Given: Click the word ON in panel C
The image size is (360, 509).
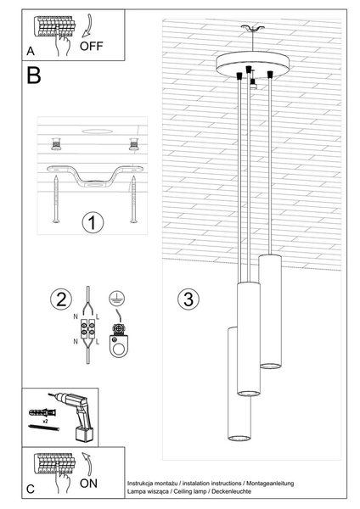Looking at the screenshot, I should (89, 484).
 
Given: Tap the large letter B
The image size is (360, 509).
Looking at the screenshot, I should (33, 77).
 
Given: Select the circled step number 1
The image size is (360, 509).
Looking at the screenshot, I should (93, 223).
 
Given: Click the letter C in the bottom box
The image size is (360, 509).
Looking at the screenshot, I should (31, 489).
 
